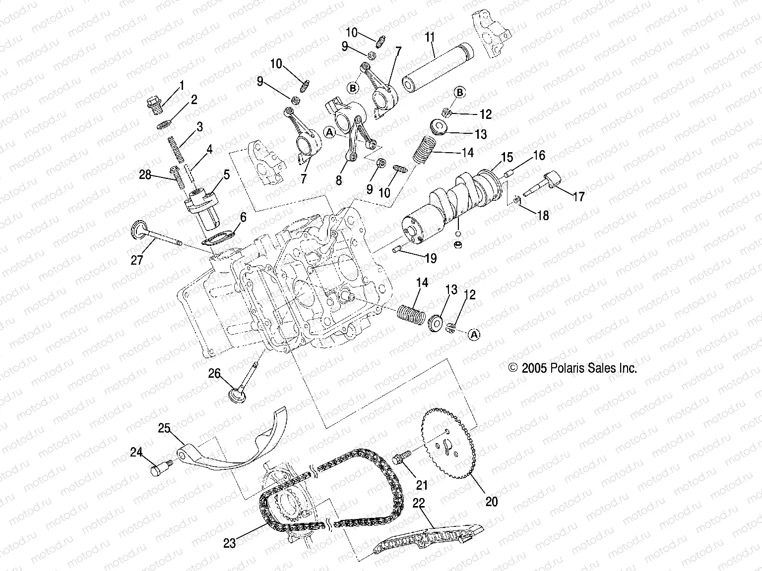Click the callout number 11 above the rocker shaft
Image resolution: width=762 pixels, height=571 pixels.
click(430, 37)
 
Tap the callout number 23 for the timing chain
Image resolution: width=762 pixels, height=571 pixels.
click(229, 543)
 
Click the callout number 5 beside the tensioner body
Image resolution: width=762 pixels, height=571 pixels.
click(226, 174)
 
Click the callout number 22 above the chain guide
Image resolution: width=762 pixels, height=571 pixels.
click(419, 503)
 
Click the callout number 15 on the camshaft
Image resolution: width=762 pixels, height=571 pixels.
click(507, 158)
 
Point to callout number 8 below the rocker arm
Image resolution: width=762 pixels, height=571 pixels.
click(338, 180)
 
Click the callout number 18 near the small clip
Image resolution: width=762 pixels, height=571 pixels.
click(543, 216)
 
